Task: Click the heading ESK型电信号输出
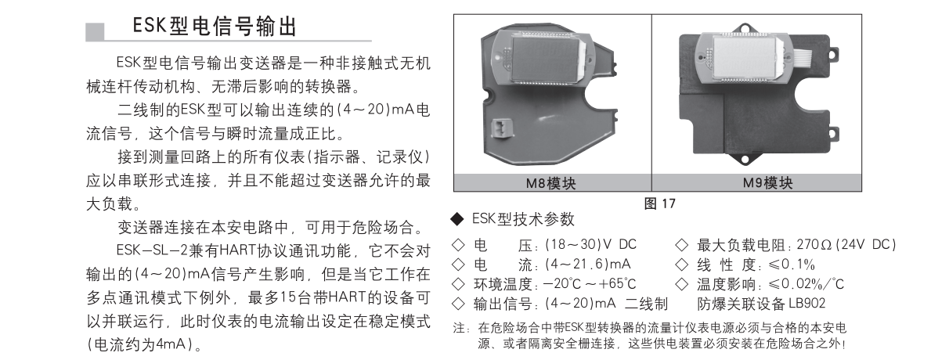tap(215, 27)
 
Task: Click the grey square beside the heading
tap(95, 31)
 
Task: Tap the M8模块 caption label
tap(551, 183)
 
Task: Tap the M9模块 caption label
tap(767, 182)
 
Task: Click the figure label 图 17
tap(659, 203)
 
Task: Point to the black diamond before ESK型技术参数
tap(456, 219)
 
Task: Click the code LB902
tap(807, 304)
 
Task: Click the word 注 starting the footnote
tap(457, 327)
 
